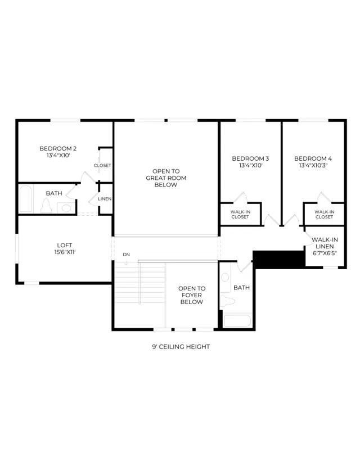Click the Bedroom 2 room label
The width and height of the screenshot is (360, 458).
coord(58,148)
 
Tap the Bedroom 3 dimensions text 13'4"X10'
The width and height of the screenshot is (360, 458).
coord(250,165)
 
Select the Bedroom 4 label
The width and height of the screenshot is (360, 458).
coord(313,158)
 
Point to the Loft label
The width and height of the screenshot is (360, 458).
coord(65,246)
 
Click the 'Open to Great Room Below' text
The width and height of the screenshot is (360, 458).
coord(166,178)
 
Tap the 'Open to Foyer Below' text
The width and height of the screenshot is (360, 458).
coord(192,295)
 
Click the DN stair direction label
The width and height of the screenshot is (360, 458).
coord(127,255)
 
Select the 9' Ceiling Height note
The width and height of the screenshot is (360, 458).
coord(181,347)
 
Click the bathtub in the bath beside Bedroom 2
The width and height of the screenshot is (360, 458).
coord(25,198)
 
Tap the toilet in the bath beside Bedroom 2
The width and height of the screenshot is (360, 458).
coord(46,206)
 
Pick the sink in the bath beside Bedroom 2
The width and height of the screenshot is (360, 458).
coord(66,208)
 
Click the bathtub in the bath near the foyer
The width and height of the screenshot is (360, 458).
coord(237,320)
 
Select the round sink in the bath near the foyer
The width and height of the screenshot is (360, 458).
coord(225,277)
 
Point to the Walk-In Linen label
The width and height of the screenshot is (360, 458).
coord(325,243)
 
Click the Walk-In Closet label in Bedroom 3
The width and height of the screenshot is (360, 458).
coord(240,215)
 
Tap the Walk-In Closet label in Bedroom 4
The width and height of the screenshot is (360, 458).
coord(325,215)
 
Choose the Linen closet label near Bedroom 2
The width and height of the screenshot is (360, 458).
coord(105,199)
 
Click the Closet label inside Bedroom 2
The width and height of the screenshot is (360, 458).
coord(102,165)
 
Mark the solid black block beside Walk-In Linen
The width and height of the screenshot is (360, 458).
coord(278,260)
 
